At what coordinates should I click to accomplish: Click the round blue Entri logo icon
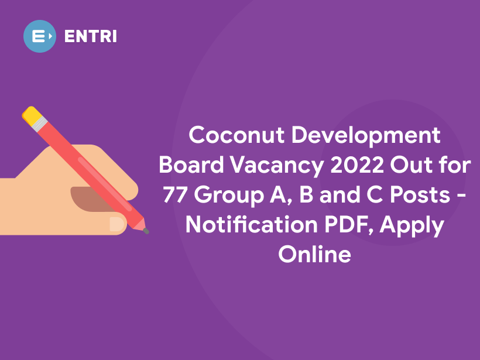pos(39,36)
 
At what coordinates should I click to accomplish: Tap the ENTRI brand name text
pos(90,36)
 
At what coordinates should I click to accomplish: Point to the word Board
pos(190,166)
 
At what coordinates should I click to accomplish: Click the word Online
pos(314,255)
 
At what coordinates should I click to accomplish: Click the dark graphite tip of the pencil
pos(146,231)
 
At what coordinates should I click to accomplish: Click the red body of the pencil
pos(88,170)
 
